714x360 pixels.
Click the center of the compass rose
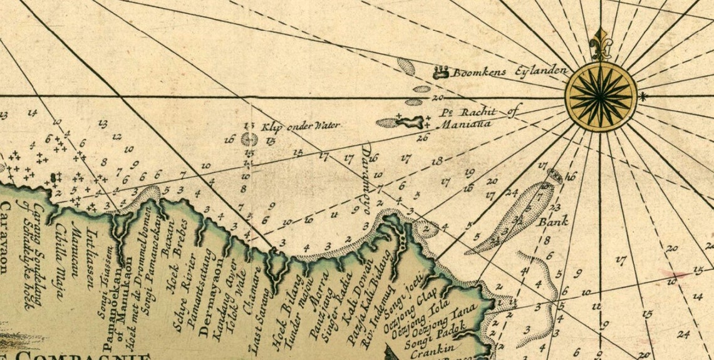[600, 96]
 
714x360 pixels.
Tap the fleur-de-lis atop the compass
[600, 44]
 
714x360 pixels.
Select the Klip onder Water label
[301, 126]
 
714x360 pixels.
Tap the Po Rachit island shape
[410, 121]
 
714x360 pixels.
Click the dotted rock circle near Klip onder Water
[249, 139]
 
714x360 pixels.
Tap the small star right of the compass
[641, 96]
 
